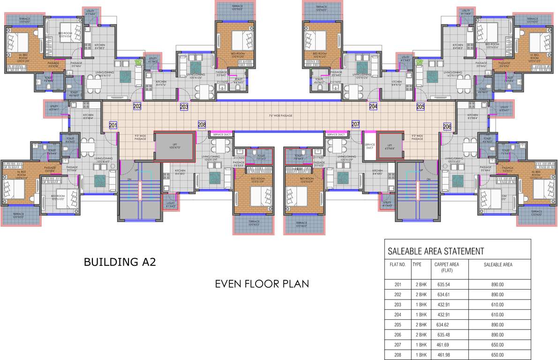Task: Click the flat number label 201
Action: click(x=113, y=125)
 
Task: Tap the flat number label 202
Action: click(x=137, y=106)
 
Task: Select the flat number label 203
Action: click(x=184, y=107)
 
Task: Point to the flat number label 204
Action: click(x=373, y=107)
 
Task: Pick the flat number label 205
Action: click(x=420, y=107)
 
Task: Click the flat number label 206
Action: click(x=447, y=127)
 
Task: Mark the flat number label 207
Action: click(x=355, y=125)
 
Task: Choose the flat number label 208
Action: click(x=202, y=125)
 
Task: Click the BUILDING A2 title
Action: click(x=120, y=262)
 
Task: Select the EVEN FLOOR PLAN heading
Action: click(x=262, y=284)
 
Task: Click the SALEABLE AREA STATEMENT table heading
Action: click(x=436, y=252)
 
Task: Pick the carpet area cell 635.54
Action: click(x=444, y=284)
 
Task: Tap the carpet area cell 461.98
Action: click(x=444, y=355)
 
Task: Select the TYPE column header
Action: click(x=417, y=264)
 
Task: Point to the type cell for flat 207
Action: click(x=420, y=345)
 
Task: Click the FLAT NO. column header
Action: click(x=398, y=264)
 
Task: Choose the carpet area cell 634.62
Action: click(x=444, y=325)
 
